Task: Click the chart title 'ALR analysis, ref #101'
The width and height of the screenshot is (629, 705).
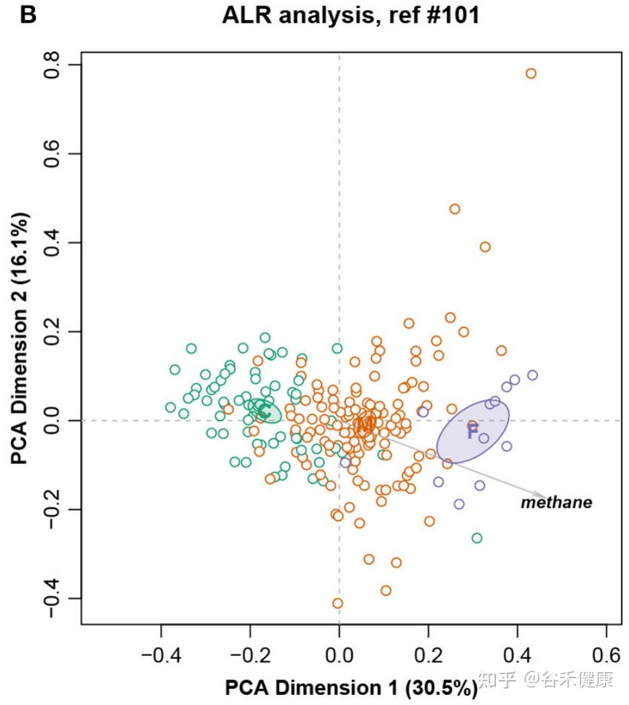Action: pyautogui.click(x=351, y=15)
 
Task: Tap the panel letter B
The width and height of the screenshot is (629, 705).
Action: pyautogui.click(x=28, y=15)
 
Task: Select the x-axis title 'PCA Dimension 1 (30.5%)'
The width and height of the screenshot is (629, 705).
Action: pyautogui.click(x=351, y=688)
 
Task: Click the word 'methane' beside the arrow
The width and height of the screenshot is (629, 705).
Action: pyautogui.click(x=556, y=502)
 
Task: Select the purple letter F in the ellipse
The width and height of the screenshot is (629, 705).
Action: pyautogui.click(x=472, y=432)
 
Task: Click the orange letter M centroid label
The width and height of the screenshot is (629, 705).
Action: pyautogui.click(x=366, y=424)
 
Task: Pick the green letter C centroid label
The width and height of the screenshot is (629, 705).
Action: pyautogui.click(x=264, y=410)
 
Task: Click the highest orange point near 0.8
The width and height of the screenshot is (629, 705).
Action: pyautogui.click(x=531, y=73)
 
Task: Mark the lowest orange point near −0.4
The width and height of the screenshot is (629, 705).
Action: pyautogui.click(x=337, y=603)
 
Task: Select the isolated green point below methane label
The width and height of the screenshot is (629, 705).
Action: pyautogui.click(x=476, y=538)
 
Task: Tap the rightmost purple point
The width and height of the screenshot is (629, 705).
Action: pyautogui.click(x=532, y=375)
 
